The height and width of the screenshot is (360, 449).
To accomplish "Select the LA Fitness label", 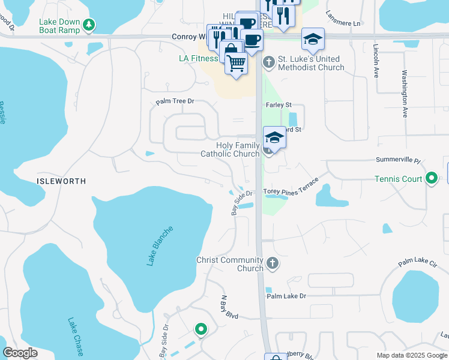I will click(x=199, y=59).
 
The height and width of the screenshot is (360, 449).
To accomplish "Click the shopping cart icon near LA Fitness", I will click(x=237, y=62).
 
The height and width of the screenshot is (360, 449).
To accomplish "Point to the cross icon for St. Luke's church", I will click(x=268, y=59).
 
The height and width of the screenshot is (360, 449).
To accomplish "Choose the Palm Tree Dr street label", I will click(x=175, y=102).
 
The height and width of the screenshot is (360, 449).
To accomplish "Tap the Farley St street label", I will click(x=279, y=105).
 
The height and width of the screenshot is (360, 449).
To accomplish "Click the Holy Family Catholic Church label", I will click(x=229, y=149).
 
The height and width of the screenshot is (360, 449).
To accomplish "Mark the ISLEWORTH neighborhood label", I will click(x=61, y=181).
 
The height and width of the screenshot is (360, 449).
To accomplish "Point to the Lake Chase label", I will click(x=76, y=335).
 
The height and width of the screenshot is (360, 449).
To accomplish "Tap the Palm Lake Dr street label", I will click(x=286, y=296).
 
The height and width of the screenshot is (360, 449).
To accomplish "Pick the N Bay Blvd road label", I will click(x=229, y=307).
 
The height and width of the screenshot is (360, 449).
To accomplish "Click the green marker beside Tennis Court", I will click(x=432, y=179).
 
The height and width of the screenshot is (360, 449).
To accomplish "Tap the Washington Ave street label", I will click(x=405, y=94).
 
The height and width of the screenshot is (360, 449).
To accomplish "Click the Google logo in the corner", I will click(x=20, y=353).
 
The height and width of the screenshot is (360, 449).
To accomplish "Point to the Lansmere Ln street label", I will click(x=343, y=23).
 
